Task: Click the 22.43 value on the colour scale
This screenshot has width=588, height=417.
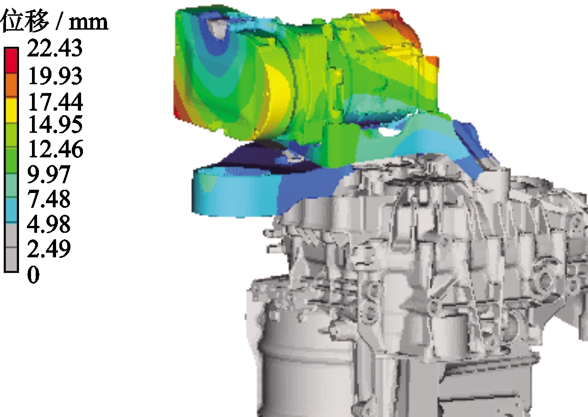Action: click(55, 48)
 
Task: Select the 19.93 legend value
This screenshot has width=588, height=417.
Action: click(55, 76)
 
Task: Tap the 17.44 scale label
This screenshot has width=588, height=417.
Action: click(56, 102)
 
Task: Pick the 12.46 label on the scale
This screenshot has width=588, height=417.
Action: click(56, 149)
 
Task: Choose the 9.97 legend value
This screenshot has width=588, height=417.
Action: click(49, 174)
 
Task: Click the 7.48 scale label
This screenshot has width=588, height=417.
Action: click(49, 199)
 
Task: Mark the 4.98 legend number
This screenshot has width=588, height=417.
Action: click(49, 224)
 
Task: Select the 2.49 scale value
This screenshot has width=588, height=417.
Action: click(49, 249)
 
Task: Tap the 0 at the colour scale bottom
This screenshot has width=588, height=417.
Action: click(33, 274)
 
